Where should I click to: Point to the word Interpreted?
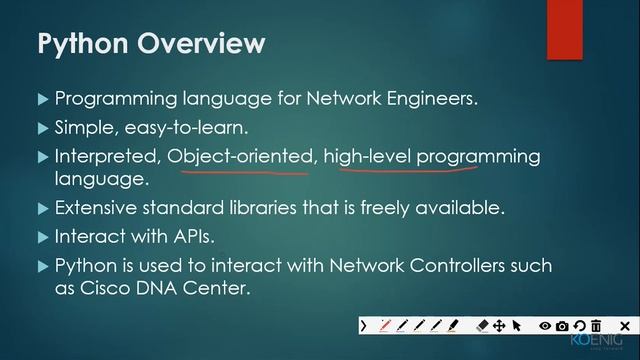coord(108,157)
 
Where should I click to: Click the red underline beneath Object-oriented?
coord(238,171)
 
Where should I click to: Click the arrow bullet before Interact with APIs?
coord(42,238)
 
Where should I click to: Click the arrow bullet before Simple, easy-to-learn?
coord(42,129)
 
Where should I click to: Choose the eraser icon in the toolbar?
coord(481,325)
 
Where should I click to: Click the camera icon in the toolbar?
coord(562,325)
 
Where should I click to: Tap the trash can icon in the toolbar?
coord(596,325)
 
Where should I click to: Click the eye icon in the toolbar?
coord(545,325)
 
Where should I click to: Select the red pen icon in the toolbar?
coord(386,325)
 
